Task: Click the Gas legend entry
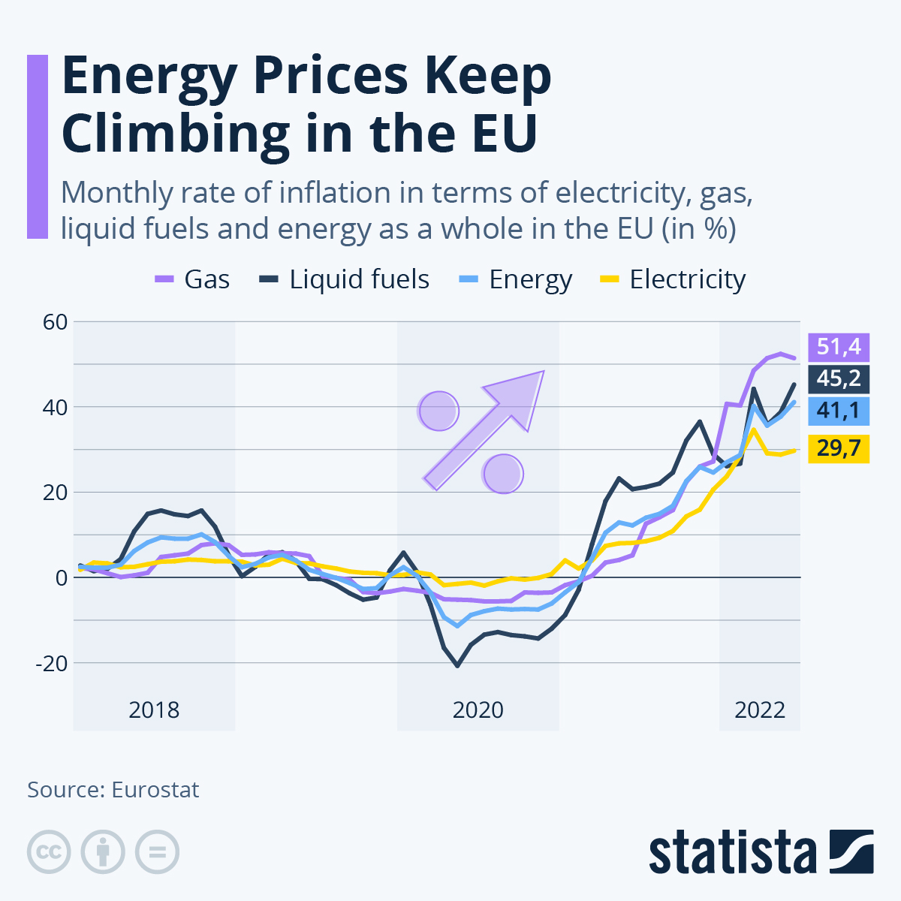click(192, 279)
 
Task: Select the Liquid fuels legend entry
click(345, 279)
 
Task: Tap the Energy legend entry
click(516, 279)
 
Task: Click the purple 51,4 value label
click(838, 347)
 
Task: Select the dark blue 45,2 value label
click(838, 378)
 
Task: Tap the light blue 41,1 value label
click(838, 411)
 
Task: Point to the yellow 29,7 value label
click(838, 449)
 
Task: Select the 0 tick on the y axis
click(61, 577)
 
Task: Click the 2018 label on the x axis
click(154, 710)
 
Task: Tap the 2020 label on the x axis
click(478, 710)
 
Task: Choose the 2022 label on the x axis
click(759, 710)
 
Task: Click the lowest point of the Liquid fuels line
click(457, 665)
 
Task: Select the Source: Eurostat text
click(113, 790)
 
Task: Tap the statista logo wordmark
click(733, 852)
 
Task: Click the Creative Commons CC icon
click(49, 852)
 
